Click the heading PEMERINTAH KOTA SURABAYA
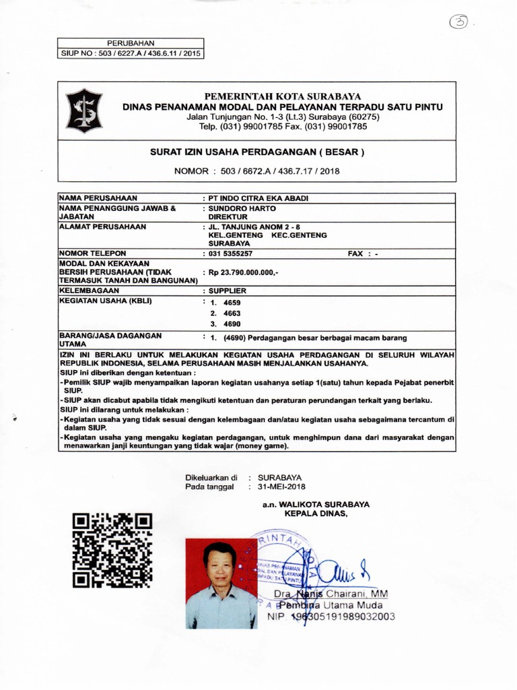[283, 96]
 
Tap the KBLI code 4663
[232, 313]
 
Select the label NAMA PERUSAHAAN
[98, 198]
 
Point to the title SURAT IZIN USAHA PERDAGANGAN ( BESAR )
[256, 152]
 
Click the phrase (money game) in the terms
[261, 447]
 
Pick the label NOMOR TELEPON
[93, 253]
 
